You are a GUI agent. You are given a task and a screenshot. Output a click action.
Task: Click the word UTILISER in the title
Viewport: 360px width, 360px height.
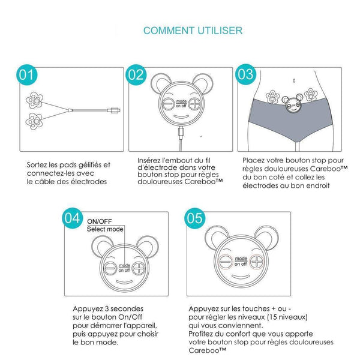click(220, 31)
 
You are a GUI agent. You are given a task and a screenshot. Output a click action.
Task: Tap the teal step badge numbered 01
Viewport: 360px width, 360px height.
click(26, 74)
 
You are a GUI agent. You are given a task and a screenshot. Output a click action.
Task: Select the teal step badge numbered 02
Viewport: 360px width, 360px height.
click(136, 74)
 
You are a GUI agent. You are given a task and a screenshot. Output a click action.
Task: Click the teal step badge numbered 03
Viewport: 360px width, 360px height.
click(245, 74)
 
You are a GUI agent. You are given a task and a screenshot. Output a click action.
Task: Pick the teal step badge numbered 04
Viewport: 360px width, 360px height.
click(73, 218)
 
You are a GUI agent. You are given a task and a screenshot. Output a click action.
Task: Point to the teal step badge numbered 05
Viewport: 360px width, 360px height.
click(194, 218)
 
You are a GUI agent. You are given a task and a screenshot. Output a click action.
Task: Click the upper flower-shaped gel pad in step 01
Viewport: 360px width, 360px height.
click(34, 100)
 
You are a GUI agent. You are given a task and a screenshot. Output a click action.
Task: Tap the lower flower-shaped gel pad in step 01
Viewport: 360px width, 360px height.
click(34, 121)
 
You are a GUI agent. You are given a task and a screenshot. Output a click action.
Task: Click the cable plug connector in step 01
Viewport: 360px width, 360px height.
click(113, 110)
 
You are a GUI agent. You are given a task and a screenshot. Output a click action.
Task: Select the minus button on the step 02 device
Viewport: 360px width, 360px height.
click(169, 104)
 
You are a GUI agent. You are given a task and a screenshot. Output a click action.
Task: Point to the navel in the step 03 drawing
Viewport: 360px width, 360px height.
click(294, 80)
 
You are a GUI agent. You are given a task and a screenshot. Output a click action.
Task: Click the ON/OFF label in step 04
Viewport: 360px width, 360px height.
click(100, 221)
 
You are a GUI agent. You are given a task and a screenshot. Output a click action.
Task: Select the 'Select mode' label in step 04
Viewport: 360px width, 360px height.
click(105, 229)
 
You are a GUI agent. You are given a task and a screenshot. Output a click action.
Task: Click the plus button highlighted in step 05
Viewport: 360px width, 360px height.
click(257, 262)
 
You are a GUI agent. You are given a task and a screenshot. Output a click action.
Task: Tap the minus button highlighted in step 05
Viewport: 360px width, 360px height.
click(226, 262)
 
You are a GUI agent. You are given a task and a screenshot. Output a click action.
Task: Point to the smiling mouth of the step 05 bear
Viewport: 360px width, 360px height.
click(241, 277)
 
